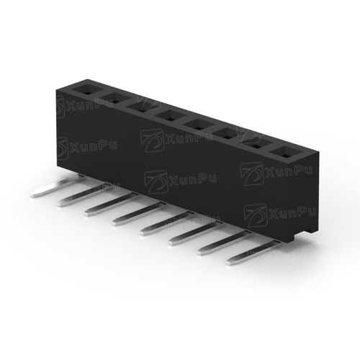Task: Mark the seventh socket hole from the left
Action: (x=256, y=144)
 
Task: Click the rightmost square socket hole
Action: (x=286, y=153)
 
